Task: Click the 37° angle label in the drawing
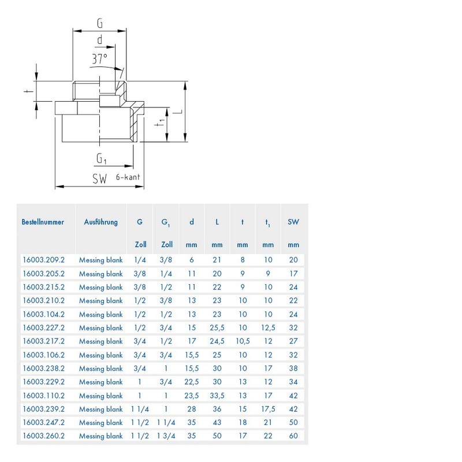pos(99,59)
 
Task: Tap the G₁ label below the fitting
pos(102,158)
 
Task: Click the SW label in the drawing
pos(100,179)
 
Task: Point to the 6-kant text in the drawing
pos(128,178)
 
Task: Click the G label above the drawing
pos(99,24)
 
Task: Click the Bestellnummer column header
pos(43,222)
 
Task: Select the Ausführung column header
pos(101,222)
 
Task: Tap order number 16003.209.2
pos(43,260)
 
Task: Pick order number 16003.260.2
pos(43,436)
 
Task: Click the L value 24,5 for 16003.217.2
pos(217,341)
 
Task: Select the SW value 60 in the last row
pos(293,436)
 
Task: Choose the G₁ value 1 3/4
pos(165,436)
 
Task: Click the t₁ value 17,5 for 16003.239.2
pos(267,409)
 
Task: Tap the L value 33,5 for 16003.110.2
pos(217,396)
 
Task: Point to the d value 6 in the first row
pos(192,260)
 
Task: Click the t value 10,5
pos(242,341)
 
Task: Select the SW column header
pos(293,222)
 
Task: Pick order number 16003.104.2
pos(43,314)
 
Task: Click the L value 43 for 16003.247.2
pos(217,423)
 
